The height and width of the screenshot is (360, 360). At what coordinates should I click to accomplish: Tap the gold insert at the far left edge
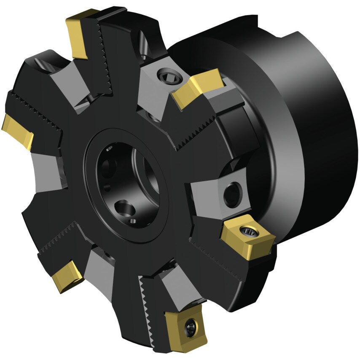pyautogui.click(x=18, y=131)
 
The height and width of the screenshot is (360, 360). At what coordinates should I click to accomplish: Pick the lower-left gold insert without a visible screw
pyautogui.click(x=67, y=276)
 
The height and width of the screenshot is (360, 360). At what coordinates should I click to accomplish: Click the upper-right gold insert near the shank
pyautogui.click(x=197, y=89)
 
